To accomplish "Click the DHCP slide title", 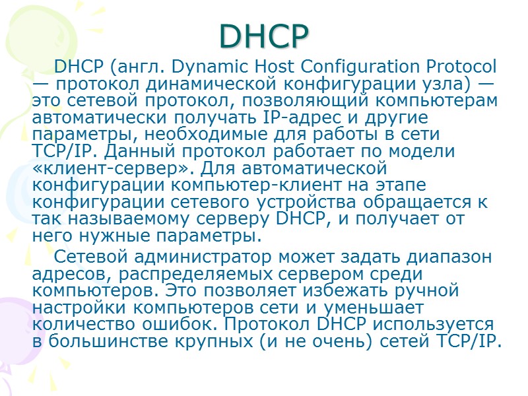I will tap(263, 36).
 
